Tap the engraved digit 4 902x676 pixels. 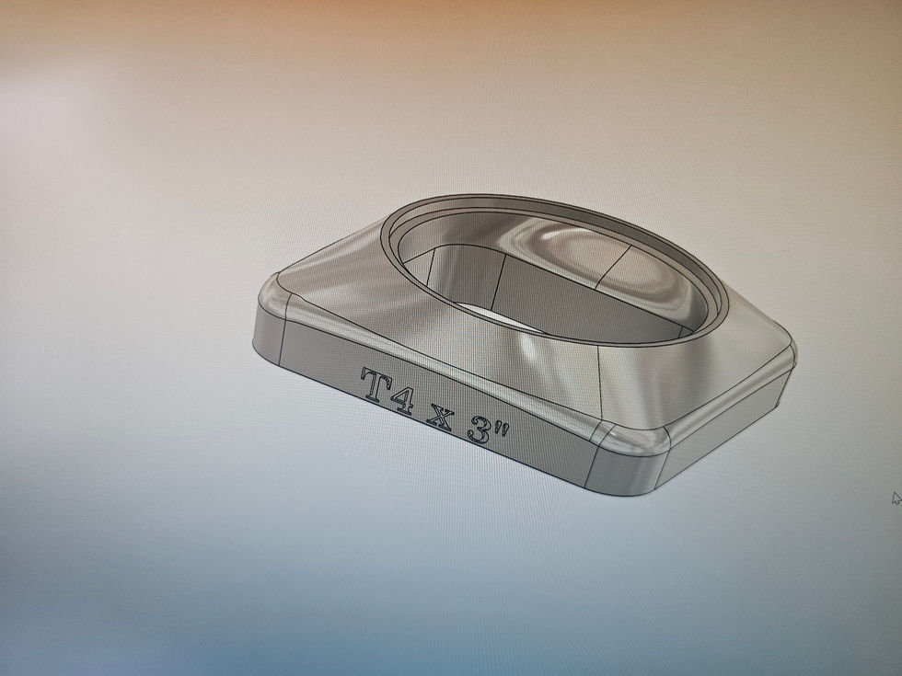click(401, 397)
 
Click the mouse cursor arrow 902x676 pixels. click(896, 498)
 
